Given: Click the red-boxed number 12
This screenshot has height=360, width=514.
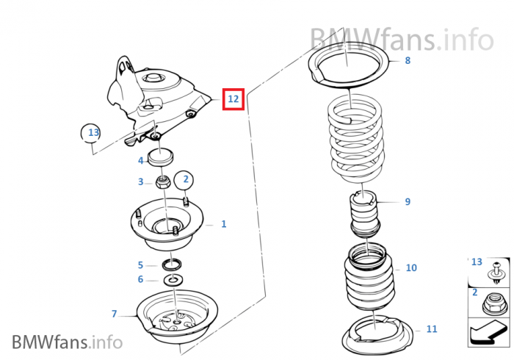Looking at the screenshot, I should [x=234, y=98].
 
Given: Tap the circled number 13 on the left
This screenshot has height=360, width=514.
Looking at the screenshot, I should [x=92, y=133].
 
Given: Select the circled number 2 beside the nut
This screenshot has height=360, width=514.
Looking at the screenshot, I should [x=186, y=179].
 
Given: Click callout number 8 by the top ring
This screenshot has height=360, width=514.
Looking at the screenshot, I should [x=408, y=60].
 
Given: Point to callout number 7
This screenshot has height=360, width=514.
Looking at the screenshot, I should [x=114, y=314].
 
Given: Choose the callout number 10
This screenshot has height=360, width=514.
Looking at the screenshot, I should [x=411, y=267].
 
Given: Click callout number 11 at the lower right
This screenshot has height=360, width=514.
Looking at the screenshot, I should [x=431, y=328].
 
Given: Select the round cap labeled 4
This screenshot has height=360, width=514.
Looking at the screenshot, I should [x=161, y=156].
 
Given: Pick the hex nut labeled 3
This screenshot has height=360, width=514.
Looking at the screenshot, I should [x=163, y=181].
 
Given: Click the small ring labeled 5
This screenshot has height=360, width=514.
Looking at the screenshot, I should [x=173, y=264].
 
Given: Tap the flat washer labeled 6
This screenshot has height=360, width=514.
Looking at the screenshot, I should [x=173, y=280].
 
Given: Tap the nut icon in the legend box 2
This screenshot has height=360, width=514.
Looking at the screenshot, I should [x=496, y=303].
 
